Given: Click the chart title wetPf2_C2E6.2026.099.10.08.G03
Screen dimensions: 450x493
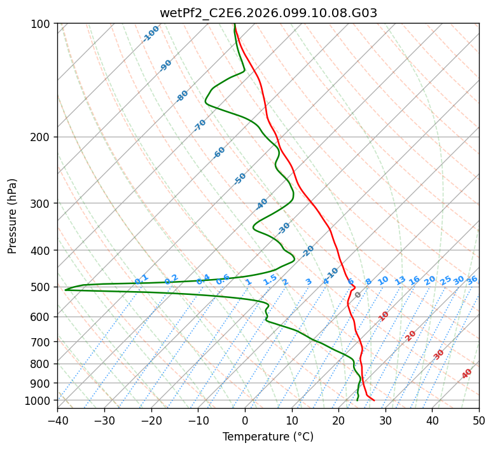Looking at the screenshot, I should pos(268,13).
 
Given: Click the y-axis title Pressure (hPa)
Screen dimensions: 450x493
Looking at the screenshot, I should pos(13,215).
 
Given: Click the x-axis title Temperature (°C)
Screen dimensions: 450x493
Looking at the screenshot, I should pos(268,437).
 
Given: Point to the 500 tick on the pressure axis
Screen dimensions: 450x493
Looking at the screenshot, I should pos(41,287).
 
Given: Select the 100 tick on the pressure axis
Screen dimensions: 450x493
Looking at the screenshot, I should pos(41,24).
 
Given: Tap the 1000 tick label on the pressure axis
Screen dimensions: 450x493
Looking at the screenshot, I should pos(38,400).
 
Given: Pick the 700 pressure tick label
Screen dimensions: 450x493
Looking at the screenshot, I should pos(41,342).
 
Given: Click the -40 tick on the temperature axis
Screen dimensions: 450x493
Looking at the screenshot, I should pos(57,420).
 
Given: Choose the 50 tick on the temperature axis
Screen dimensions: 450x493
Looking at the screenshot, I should pos(479,420).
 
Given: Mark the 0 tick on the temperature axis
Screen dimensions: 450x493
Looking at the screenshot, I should pos(245,420).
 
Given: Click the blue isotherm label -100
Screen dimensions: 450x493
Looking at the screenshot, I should pos(151,33).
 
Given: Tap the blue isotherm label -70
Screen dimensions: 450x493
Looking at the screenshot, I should pos(200,125).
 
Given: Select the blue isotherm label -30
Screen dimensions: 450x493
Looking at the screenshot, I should pos(284,228).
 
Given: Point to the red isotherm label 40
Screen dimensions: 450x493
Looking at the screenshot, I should pos(467,374).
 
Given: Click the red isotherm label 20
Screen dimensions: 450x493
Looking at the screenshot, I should pos(411,335).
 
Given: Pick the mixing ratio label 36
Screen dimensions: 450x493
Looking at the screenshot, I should pos(472,280).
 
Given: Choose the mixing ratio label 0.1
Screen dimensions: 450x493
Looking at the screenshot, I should pos(141,279).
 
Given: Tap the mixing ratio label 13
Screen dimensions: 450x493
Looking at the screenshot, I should pos(400,280).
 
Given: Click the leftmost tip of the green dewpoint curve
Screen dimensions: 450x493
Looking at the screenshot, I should pos(65,290).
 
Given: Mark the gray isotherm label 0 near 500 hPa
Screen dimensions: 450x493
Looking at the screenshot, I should pos(358,295).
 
